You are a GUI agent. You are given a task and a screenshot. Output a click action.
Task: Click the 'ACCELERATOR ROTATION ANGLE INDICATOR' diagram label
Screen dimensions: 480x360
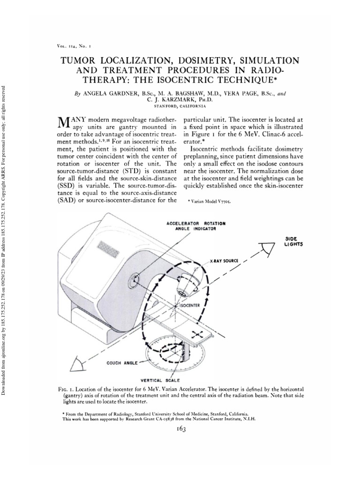coord(196,226)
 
